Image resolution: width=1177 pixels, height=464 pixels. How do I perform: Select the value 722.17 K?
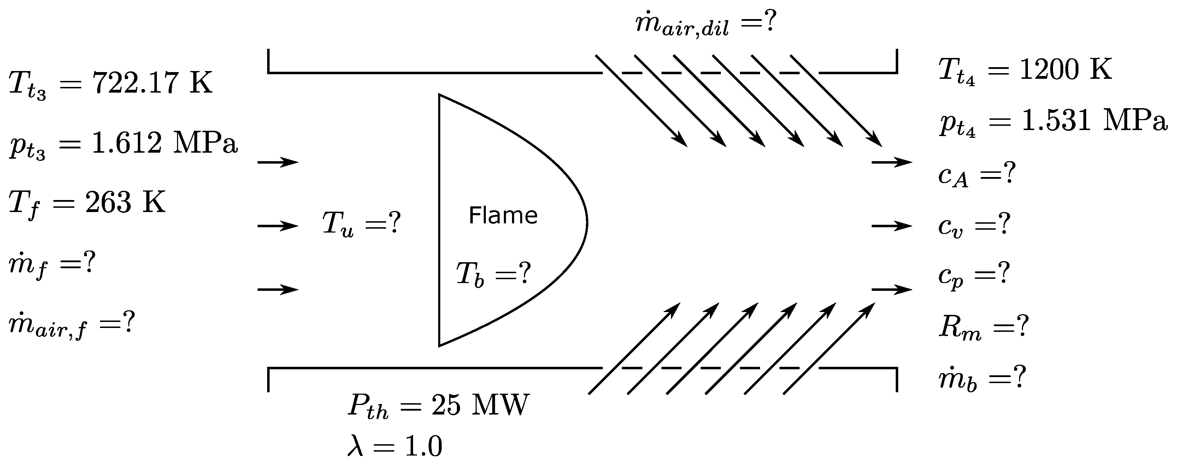point(153,83)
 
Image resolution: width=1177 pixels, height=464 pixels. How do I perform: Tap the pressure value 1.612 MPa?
point(165,143)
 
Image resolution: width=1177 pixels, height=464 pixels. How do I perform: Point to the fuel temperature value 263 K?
point(125,202)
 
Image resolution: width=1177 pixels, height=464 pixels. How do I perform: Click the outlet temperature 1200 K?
point(1065,70)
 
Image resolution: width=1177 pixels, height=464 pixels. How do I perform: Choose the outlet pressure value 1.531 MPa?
point(1094,122)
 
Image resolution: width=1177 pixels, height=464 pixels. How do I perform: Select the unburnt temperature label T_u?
point(338,224)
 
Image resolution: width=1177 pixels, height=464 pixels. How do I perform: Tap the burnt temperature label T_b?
point(470,275)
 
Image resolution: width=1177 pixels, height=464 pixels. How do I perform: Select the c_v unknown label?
point(951,225)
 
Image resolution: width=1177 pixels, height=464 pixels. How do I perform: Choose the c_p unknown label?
point(951,276)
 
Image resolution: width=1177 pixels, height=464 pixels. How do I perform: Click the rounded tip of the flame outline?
point(586,223)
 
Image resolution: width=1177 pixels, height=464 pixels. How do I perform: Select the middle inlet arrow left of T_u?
point(278,225)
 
